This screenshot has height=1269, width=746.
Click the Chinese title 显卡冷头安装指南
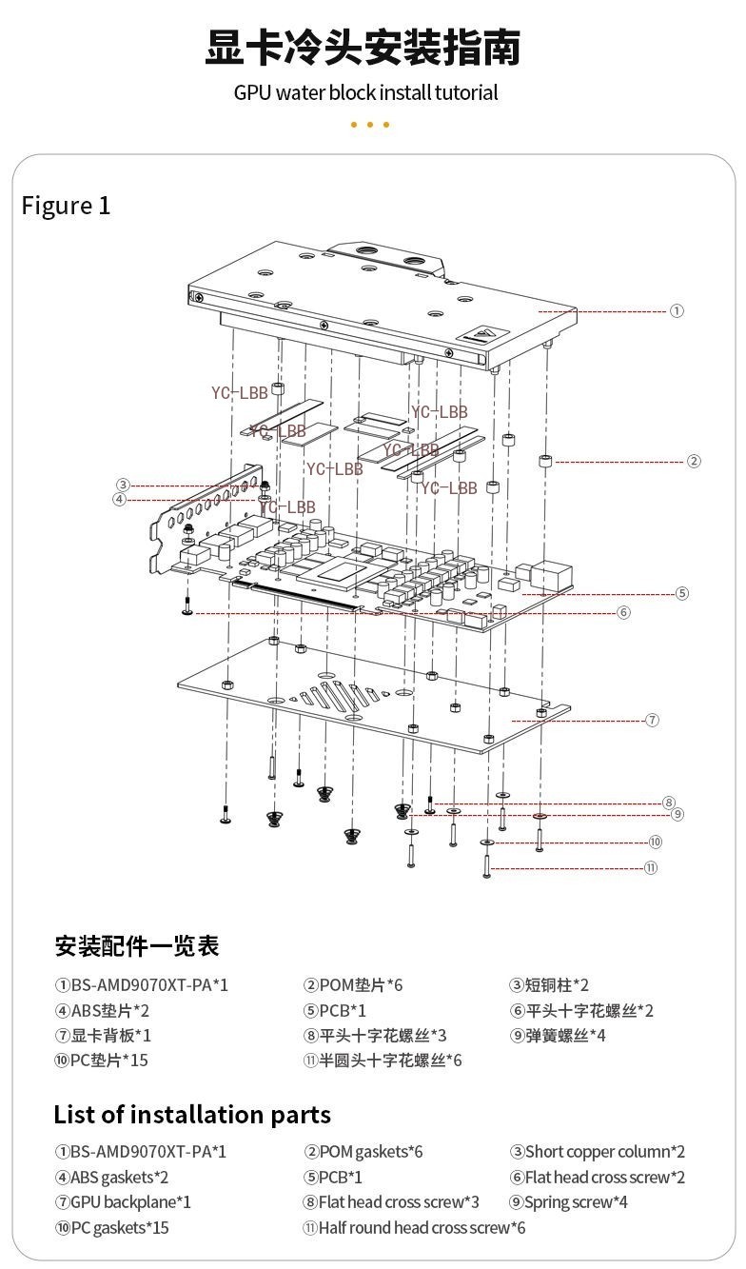coord(363,49)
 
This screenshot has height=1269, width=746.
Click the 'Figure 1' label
coord(66,205)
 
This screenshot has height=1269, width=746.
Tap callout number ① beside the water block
coord(677,310)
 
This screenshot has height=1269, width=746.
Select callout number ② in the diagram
coord(694,461)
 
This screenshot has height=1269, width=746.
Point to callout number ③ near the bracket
coord(123,485)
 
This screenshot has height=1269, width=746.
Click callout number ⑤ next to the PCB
coord(681,593)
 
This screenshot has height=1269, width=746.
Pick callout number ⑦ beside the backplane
coord(652,720)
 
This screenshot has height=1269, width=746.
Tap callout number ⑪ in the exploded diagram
coord(650,868)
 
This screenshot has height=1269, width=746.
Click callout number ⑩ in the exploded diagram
coord(655,842)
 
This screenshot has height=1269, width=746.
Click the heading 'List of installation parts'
coord(192,1115)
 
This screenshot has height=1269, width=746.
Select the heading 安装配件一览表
coord(136,946)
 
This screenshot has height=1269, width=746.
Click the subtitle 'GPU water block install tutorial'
coord(366,92)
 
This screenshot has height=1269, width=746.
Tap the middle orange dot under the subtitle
coord(370,125)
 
